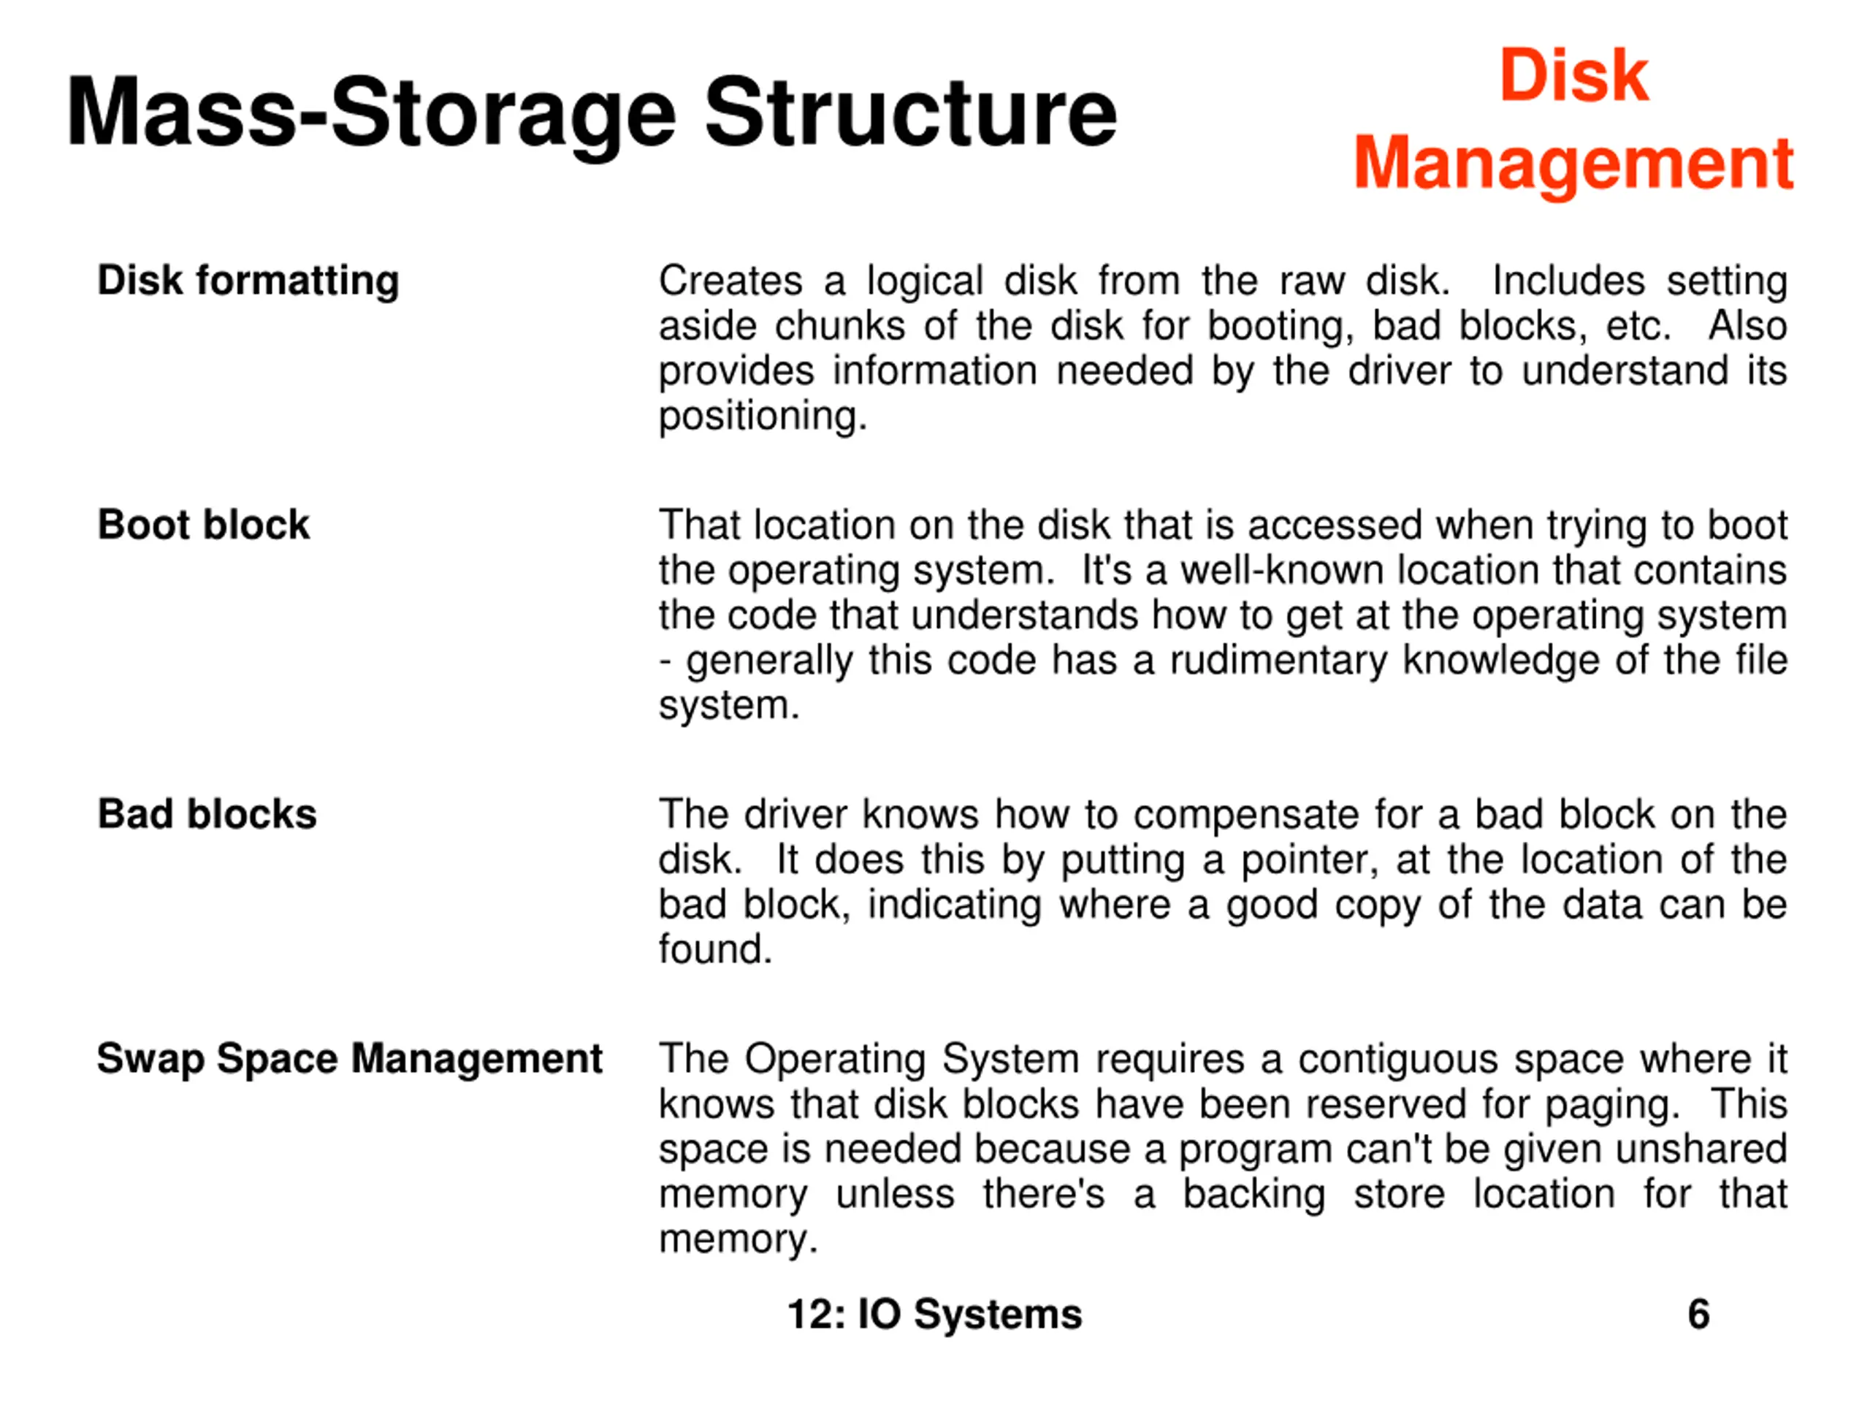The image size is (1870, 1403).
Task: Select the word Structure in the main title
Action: pos(910,113)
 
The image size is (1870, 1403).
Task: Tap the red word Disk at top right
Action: pos(1573,75)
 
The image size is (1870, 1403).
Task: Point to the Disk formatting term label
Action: pos(248,280)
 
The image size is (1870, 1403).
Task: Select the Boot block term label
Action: pos(204,525)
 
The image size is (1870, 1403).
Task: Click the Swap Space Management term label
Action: pos(349,1058)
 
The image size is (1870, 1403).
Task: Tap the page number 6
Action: pos(1698,1314)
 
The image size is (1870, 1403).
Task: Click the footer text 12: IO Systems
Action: pos(934,1314)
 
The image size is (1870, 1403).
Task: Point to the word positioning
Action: pos(763,416)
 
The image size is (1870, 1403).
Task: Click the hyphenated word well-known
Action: pos(1282,570)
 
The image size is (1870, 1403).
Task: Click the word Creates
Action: pos(730,281)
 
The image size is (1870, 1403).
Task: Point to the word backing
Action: pos(1253,1194)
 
